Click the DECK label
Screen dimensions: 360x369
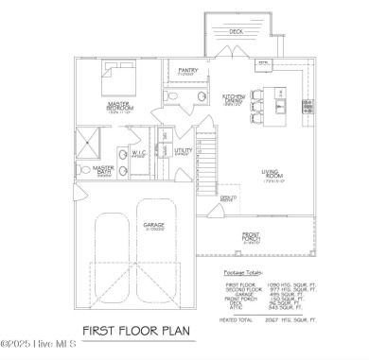point(236,30)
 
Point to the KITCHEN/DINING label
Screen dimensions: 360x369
point(235,97)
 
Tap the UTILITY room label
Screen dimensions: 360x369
point(183,150)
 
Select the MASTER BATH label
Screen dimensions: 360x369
point(104,170)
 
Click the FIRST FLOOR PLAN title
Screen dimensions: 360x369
point(136,332)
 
